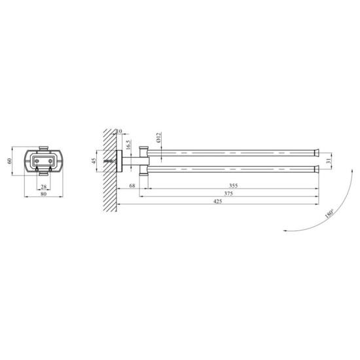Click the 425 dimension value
[x=217, y=201]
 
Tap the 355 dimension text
[x=234, y=185]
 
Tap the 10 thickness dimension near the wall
[x=119, y=131]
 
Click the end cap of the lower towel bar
[x=316, y=170]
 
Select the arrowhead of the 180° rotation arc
[x=286, y=230]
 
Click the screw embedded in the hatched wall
[x=107, y=162]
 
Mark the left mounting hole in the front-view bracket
[x=35, y=160]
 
